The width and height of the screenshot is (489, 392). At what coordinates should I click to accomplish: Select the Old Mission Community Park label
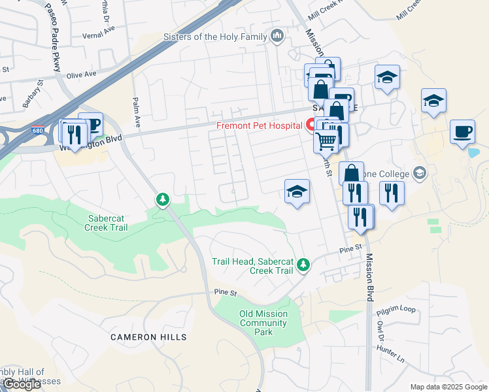[263, 323]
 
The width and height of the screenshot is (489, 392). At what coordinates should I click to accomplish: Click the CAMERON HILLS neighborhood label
[148, 337]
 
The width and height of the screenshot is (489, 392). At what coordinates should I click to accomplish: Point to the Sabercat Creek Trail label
[106, 223]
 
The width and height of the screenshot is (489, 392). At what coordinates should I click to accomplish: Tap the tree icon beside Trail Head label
[302, 264]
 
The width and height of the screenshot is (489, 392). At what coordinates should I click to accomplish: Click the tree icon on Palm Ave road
[161, 198]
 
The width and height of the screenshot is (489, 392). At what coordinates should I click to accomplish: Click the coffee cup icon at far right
[463, 132]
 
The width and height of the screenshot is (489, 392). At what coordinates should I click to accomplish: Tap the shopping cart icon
[325, 139]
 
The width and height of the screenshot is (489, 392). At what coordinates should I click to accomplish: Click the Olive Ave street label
[81, 75]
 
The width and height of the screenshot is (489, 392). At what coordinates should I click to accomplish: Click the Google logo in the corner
[21, 384]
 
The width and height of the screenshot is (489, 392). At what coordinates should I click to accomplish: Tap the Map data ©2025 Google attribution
[448, 387]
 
